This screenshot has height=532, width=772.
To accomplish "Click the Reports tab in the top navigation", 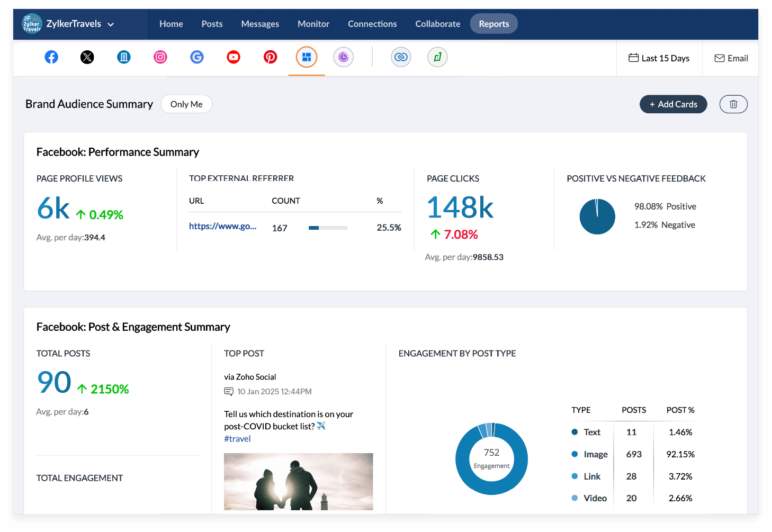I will pos(493,24).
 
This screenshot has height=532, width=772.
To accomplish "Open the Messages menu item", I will pos(260,24).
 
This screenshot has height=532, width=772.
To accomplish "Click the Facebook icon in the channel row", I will pos(51,57).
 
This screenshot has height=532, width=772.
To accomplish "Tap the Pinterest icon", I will pos(270,57).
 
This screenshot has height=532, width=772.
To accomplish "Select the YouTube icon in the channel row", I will pos(234,57).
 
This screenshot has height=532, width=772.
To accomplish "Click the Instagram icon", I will pos(160,57).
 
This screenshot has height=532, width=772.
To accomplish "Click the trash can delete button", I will pos(733,104).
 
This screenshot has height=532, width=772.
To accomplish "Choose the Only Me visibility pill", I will pos(186,104).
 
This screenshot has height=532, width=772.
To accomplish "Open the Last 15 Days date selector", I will pos(659,58).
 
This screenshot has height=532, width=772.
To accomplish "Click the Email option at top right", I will pos(731,58).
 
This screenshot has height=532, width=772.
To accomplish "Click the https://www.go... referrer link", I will pos(222,226).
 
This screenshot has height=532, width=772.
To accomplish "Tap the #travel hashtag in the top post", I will pos(237,439).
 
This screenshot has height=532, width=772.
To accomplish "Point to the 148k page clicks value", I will pos(460,208).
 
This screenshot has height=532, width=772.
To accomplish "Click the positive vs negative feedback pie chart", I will pos(597,217).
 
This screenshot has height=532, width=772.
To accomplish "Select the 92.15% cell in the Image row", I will pos(680,454).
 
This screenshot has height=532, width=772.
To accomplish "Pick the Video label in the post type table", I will pos(595,498).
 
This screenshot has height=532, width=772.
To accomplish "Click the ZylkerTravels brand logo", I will pos(32,24).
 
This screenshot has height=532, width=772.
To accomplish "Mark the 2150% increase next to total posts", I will pos(109,389).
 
